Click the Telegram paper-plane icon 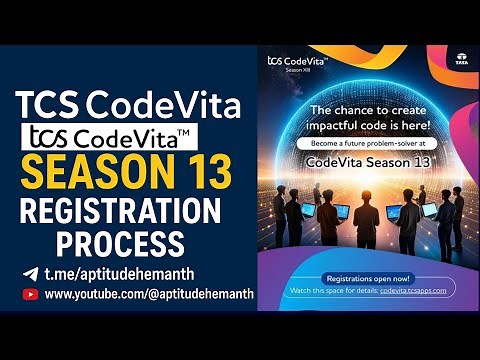click(30, 273)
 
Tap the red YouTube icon click(30, 295)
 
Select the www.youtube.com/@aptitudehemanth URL click(149, 295)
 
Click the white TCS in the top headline click(48, 102)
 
